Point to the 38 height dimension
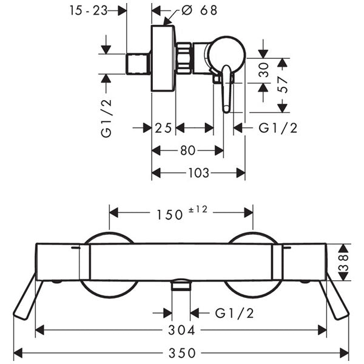coord(344,261)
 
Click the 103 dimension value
coord(198,173)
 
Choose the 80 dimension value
coord(187,150)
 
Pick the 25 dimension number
coord(163,128)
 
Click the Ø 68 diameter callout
coord(200,10)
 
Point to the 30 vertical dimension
coord(264,70)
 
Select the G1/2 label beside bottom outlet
coord(234,313)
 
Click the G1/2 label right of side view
coord(278,128)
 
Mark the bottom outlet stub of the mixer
coord(180,286)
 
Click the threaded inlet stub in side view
coord(139,63)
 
